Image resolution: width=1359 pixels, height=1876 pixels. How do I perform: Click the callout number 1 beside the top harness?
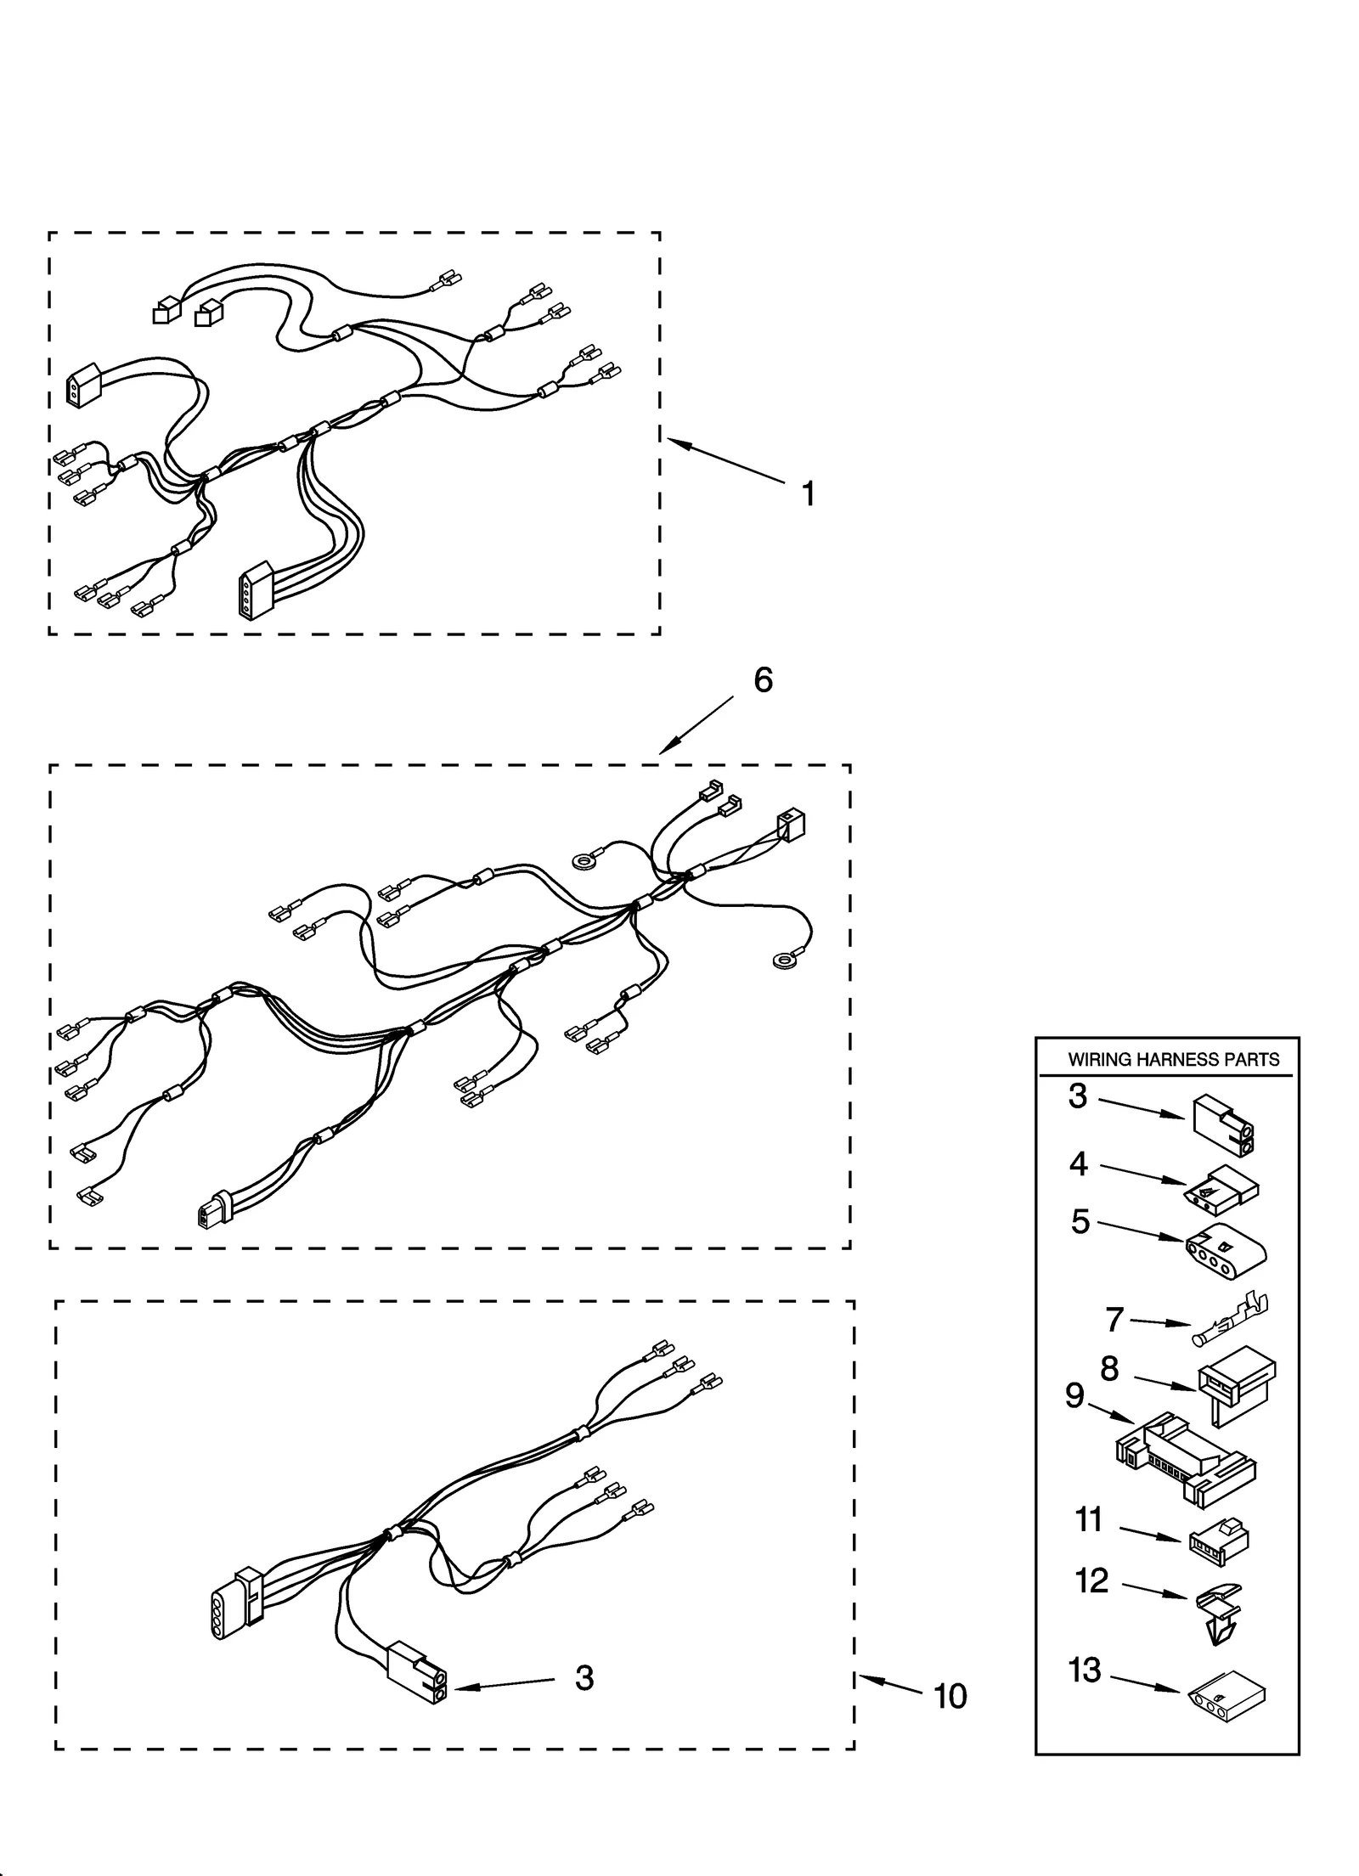coord(808,493)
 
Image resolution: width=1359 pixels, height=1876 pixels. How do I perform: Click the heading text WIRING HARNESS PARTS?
coord(1173,1060)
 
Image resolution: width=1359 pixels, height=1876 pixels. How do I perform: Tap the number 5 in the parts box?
coord(1080,1221)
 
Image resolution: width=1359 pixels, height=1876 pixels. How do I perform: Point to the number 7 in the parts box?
coord(1114,1319)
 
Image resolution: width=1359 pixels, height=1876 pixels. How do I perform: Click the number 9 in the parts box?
coord(1074,1394)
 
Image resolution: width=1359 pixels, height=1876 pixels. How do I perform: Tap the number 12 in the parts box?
coord(1091,1580)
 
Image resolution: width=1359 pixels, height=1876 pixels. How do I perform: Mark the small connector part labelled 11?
coord(1218,1535)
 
